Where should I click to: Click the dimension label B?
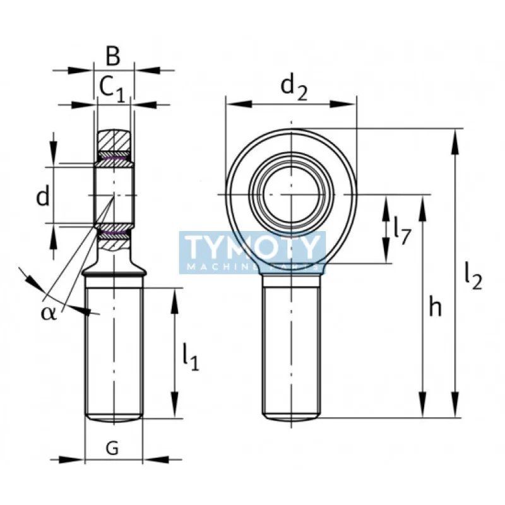(x=113, y=56)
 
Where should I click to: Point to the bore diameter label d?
(x=43, y=196)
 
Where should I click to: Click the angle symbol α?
(x=49, y=313)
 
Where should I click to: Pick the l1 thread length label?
(x=191, y=357)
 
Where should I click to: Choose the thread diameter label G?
(x=112, y=448)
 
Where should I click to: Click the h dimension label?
(x=435, y=307)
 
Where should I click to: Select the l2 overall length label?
(x=473, y=276)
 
